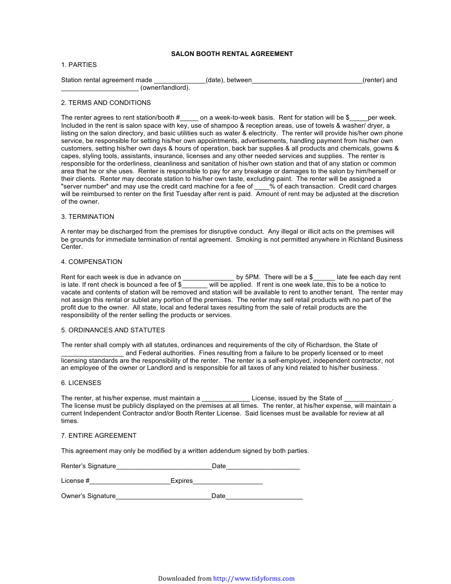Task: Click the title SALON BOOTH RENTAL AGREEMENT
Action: [x=232, y=54]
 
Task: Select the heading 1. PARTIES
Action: [x=79, y=65]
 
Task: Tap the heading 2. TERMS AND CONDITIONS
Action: [x=106, y=103]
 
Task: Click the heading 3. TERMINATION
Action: [x=87, y=217]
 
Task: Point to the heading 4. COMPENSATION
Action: [x=92, y=262]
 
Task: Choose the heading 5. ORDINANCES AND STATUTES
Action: [x=113, y=330]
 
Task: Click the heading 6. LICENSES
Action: [x=81, y=383]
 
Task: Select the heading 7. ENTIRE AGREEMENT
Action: [x=99, y=436]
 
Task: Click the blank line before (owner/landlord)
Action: [x=100, y=88]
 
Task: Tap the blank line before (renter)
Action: [x=307, y=81]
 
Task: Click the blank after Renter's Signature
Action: [x=164, y=467]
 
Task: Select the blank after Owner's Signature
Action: [x=163, y=497]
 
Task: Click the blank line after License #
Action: [x=130, y=481]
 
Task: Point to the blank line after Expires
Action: [x=227, y=481]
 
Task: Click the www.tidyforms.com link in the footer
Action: [x=254, y=579]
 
